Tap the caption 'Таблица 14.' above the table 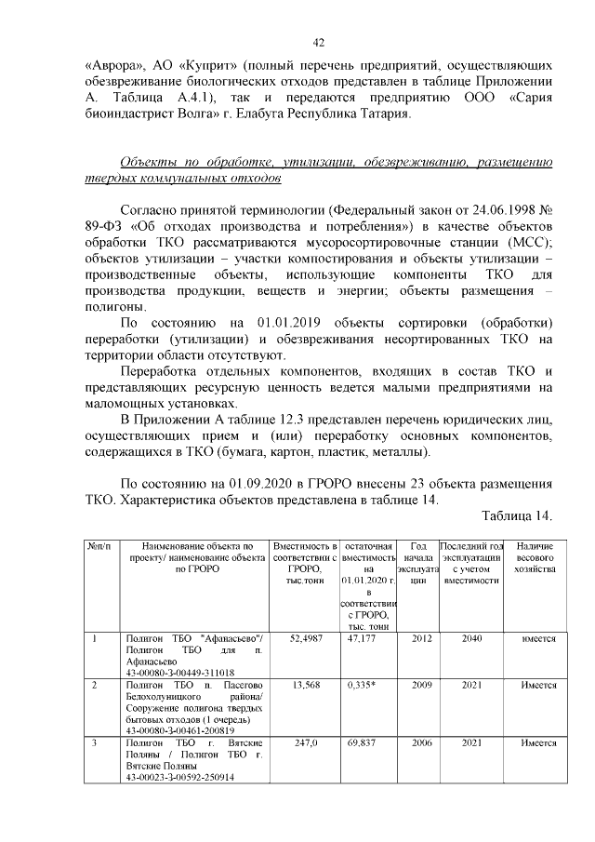click(518, 516)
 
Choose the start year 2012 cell click(422, 639)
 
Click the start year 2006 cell click(422, 744)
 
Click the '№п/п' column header click(98, 545)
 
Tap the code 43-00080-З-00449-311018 click(180, 672)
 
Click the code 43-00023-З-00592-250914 click(180, 776)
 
